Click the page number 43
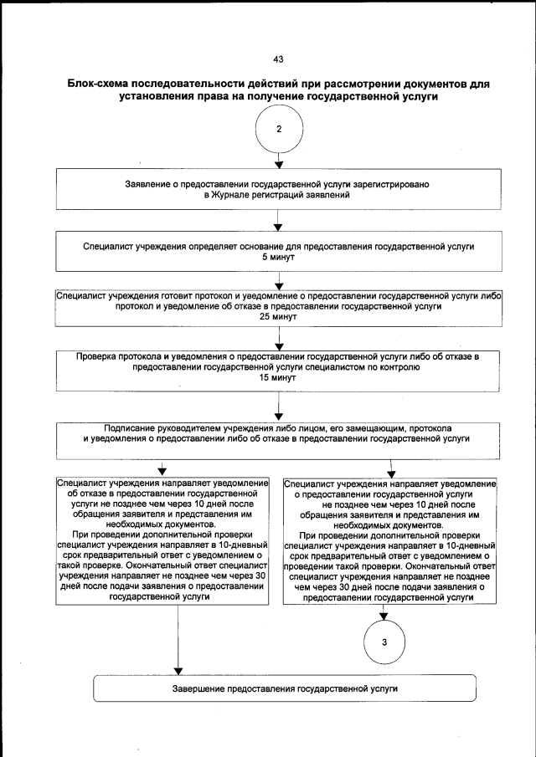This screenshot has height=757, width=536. coord(278,59)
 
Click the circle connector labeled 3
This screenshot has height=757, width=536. coord(384,642)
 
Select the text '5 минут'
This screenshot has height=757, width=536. coord(278,258)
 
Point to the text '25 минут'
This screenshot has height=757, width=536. coord(278,319)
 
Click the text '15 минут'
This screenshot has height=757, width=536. coord(278,379)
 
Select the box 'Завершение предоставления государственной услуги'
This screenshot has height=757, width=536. coord(284,688)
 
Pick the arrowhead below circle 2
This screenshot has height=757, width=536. coord(278,165)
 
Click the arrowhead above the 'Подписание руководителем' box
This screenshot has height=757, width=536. coord(278,417)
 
